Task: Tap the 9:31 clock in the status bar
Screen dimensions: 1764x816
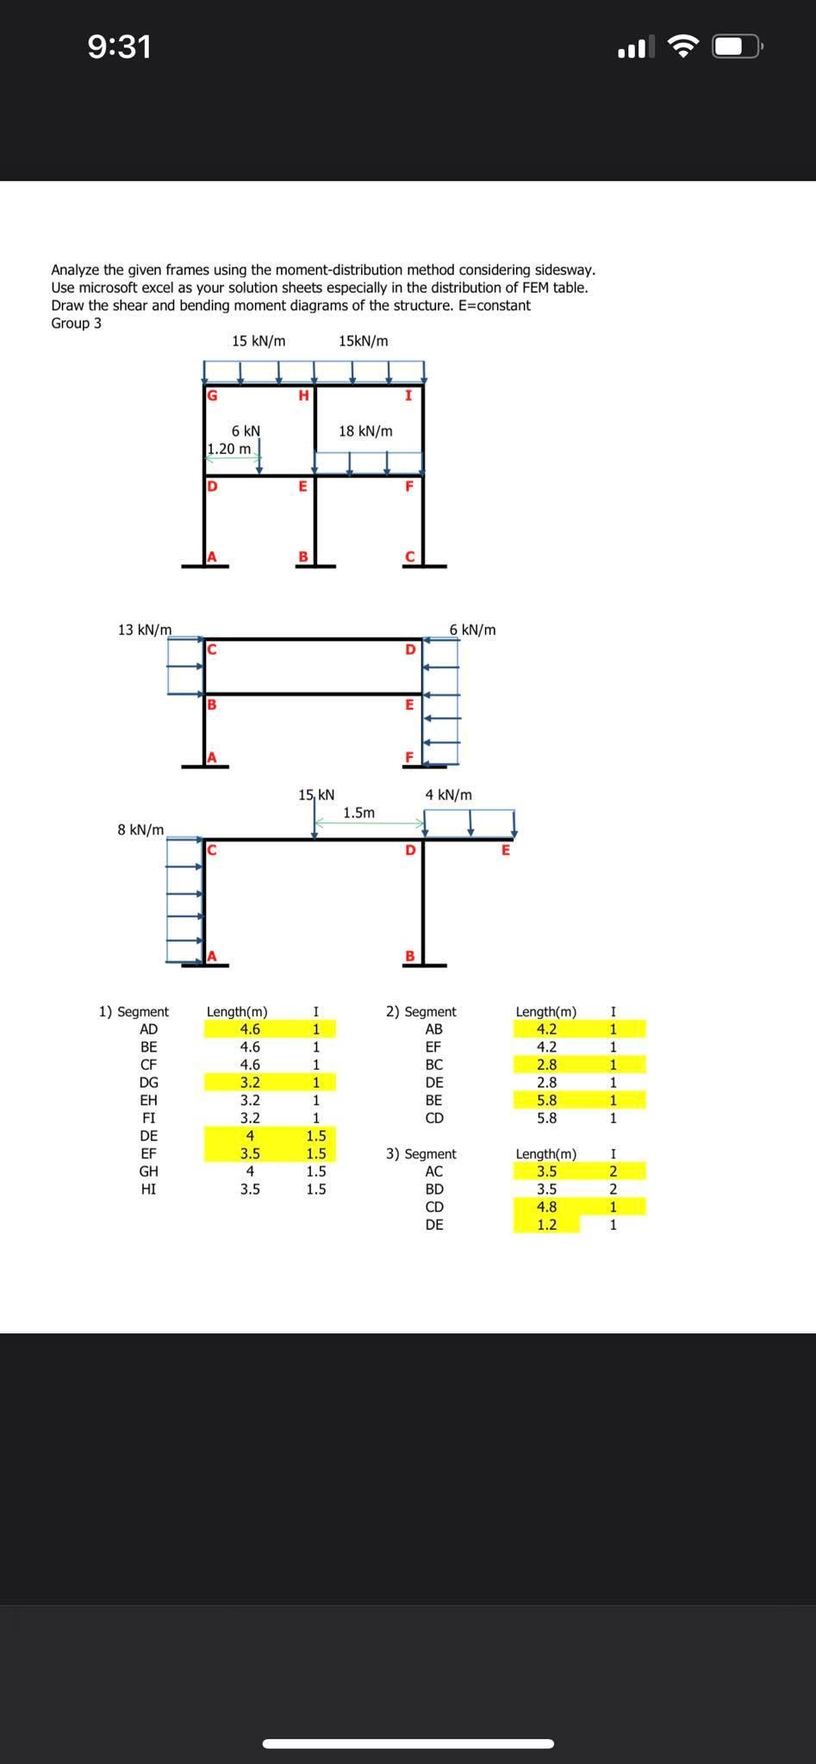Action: (119, 47)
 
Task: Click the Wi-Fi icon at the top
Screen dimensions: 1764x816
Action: (683, 47)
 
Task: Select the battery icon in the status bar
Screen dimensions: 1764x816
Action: (736, 47)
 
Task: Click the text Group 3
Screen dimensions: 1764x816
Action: (76, 323)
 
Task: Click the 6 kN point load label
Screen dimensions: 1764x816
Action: (246, 431)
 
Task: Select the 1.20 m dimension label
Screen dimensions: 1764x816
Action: (229, 449)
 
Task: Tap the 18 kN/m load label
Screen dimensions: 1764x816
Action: (365, 431)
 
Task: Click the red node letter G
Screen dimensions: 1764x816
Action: (212, 396)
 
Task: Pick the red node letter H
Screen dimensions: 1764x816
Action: (302, 396)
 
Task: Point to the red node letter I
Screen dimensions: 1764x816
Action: (408, 396)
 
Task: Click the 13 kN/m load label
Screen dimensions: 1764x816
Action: (144, 630)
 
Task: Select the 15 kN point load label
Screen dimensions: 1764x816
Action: (316, 795)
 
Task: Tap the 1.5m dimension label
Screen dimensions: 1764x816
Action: (358, 813)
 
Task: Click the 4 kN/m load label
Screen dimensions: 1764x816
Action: (448, 795)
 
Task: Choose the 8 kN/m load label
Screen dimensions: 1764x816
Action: (140, 829)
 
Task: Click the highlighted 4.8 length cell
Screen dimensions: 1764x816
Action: (546, 1207)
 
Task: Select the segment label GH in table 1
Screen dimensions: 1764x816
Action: (148, 1171)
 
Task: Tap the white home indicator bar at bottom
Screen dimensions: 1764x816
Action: (408, 1720)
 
